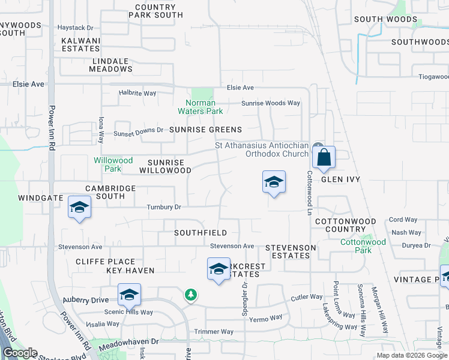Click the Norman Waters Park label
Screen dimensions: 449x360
click(200, 107)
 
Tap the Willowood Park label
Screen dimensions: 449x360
click(113, 164)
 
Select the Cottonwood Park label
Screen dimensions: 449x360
click(363, 245)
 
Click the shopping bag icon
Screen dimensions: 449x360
click(324, 158)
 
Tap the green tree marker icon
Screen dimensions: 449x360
click(190, 295)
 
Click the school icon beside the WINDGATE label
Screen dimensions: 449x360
click(79, 208)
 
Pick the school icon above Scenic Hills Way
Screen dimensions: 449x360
click(129, 295)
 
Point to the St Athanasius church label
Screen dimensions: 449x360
click(261, 149)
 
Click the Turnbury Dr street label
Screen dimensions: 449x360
click(164, 208)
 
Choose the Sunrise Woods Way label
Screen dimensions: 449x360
click(270, 103)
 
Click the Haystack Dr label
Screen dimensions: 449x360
click(76, 28)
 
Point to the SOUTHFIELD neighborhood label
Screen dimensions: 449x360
click(200, 232)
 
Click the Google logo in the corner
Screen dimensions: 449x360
click(20, 353)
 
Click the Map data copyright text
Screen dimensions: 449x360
click(411, 355)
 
